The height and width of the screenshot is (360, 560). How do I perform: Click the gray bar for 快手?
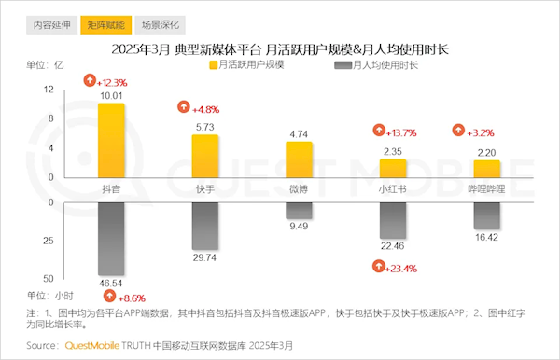click(x=205, y=225)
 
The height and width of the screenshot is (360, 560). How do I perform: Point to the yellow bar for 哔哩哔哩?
click(x=486, y=169)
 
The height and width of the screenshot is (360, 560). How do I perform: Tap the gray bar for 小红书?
click(x=393, y=219)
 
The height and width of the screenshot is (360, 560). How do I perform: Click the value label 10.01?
click(x=112, y=95)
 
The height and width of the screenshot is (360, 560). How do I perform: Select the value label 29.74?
click(x=205, y=256)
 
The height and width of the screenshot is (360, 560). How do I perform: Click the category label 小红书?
click(x=392, y=188)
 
